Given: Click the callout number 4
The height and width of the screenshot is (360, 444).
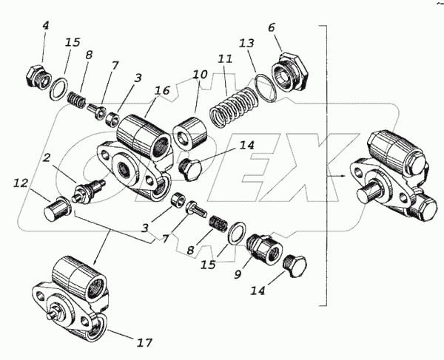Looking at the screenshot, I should pyautogui.click(x=45, y=26).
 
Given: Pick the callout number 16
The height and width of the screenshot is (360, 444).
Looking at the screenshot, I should pyautogui.click(x=161, y=90).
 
